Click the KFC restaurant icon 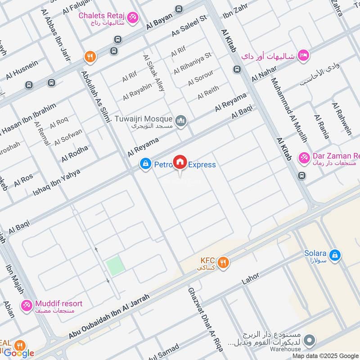tap(223, 262)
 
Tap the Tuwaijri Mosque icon tap(181, 120)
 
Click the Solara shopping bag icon tap(334, 255)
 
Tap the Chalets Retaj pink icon tap(132, 18)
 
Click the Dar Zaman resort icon tap(305, 157)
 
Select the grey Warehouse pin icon tap(308, 342)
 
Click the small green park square tap(115, 266)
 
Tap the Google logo tap(19, 353)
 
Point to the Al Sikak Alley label tap(153, 73)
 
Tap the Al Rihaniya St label tap(192, 63)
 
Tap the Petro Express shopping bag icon tap(145, 165)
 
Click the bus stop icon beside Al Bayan tap(179, 9)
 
